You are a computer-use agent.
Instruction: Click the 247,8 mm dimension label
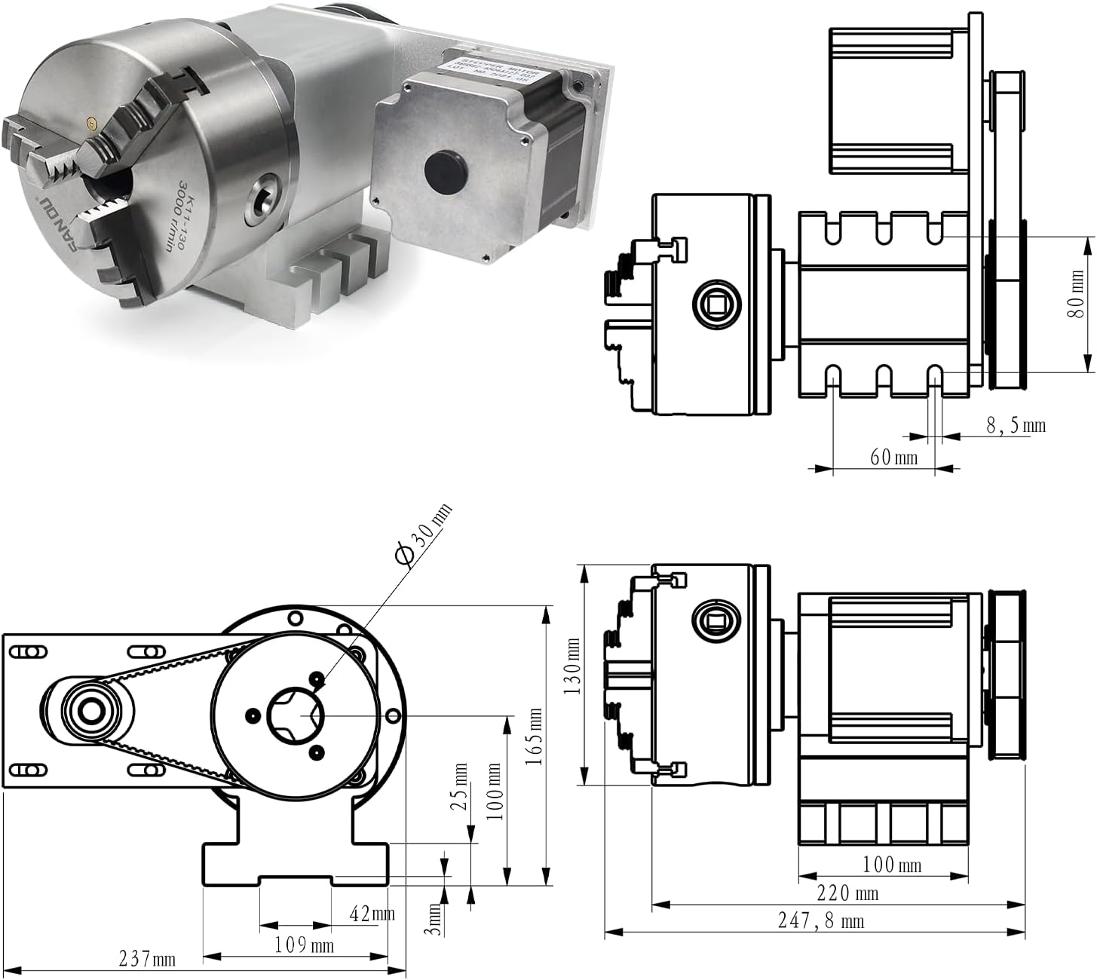pyautogui.click(x=820, y=921)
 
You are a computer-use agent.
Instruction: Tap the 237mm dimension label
pyautogui.click(x=147, y=959)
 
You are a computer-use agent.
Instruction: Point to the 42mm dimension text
pyautogui.click(x=372, y=914)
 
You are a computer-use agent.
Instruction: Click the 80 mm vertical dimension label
pyautogui.click(x=1077, y=294)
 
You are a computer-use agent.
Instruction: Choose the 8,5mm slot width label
pyautogui.click(x=1016, y=426)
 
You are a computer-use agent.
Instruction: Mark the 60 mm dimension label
pyautogui.click(x=893, y=458)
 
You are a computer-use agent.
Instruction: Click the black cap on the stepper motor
pyautogui.click(x=443, y=170)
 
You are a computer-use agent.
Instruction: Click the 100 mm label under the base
pyautogui.click(x=891, y=864)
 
